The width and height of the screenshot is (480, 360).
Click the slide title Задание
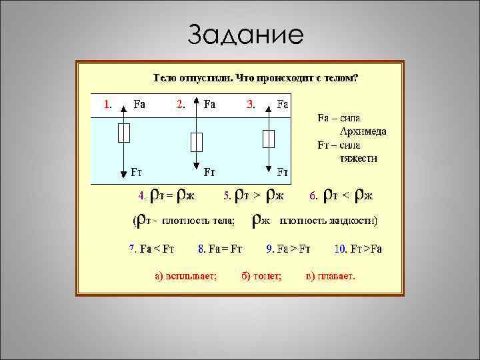pos(245,34)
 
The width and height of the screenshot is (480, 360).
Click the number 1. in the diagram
pos(107,104)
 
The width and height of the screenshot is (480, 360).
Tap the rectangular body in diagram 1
pos(123,134)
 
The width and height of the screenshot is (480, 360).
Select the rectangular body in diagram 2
pos(196,141)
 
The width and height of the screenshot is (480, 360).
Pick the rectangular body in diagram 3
pos(269,138)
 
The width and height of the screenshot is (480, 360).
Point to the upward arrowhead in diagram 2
pos(196,102)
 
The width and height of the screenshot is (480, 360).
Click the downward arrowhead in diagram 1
pos(123,174)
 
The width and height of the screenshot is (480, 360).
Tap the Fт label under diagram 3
pos(283,172)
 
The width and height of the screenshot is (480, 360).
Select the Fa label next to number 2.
pos(209,104)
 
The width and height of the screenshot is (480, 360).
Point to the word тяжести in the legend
pos(359,158)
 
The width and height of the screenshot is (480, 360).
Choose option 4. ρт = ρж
pos(166,195)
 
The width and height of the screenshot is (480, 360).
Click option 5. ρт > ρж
pos(254,195)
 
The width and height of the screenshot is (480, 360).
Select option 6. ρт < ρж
pos(341,195)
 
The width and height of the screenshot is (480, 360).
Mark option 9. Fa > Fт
pos(288,249)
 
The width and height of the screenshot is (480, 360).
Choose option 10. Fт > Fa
pos(358,249)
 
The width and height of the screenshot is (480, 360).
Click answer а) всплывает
pos(185,275)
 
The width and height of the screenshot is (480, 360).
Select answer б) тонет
pos(262,275)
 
